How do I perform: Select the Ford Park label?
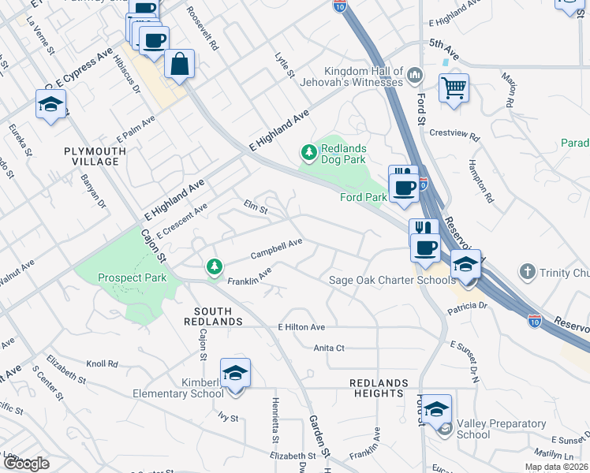tap(363, 197)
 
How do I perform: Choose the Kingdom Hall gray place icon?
tap(415, 77)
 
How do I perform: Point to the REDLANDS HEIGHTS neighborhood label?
tap(380, 388)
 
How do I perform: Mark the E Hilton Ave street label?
tap(301, 327)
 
